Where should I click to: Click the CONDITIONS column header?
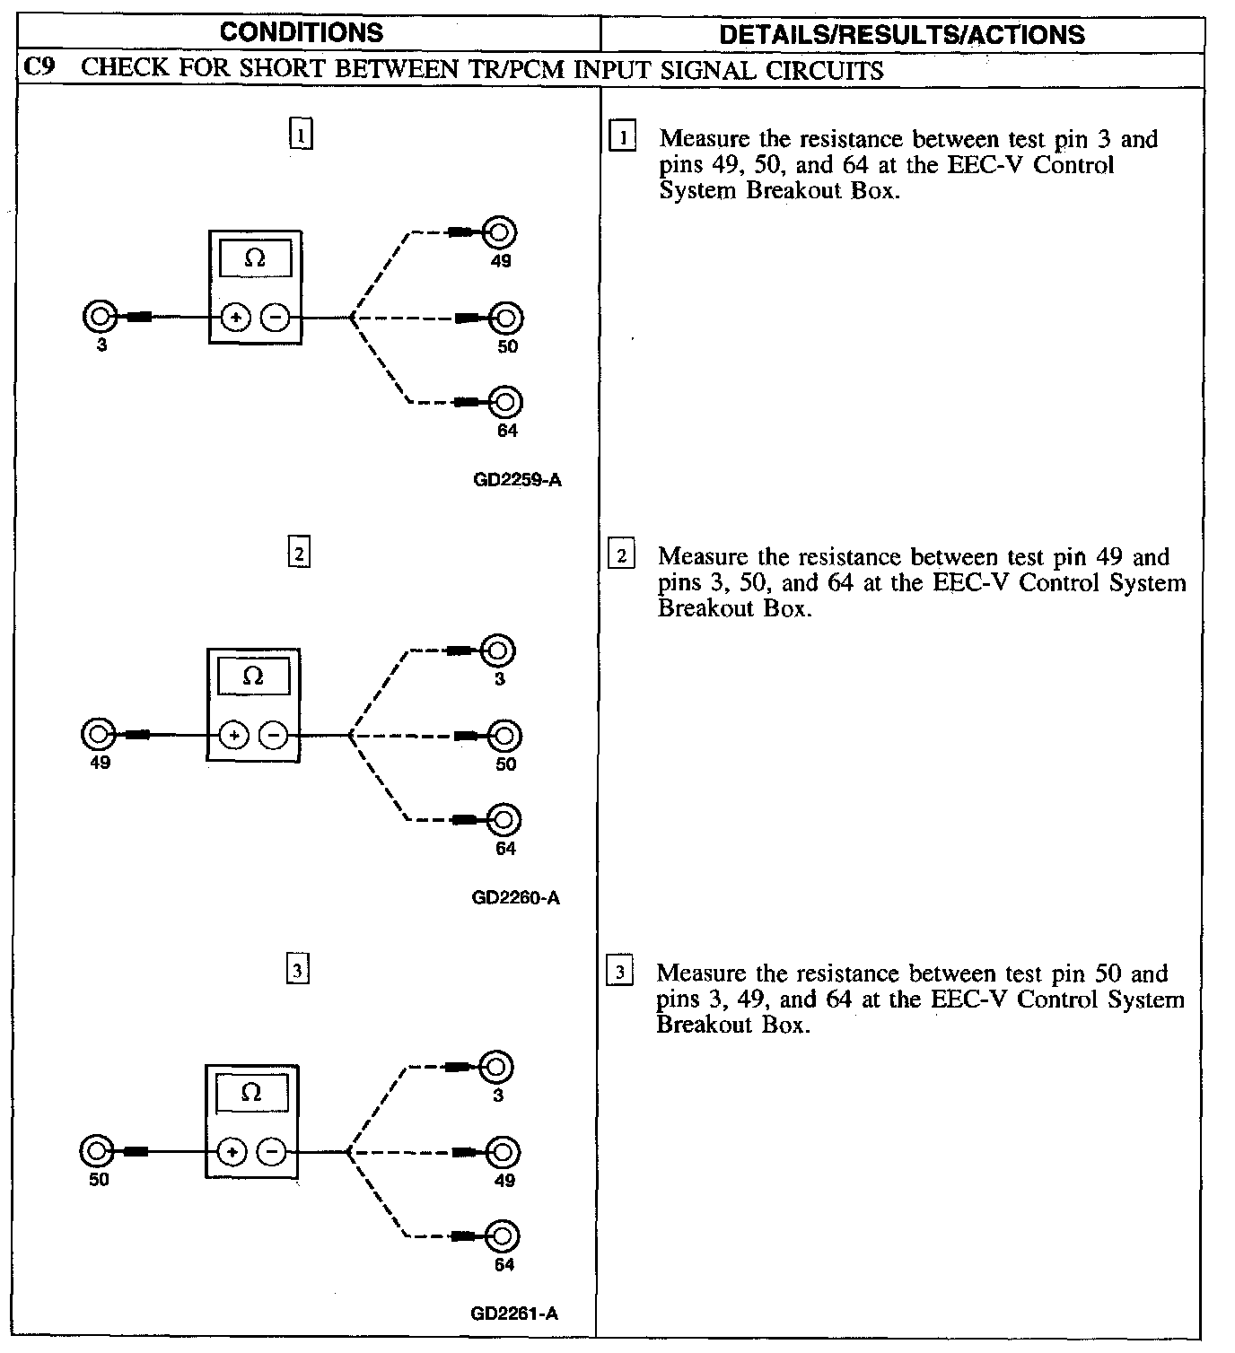pyautogui.click(x=302, y=32)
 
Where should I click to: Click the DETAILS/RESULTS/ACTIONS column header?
pyautogui.click(x=902, y=34)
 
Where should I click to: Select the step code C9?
pyautogui.click(x=36, y=69)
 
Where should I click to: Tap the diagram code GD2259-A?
pyautogui.click(x=517, y=480)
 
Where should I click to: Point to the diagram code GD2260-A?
pyautogui.click(x=515, y=898)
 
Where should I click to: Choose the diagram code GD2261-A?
pyautogui.click(x=514, y=1314)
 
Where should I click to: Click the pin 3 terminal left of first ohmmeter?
pyautogui.click(x=100, y=317)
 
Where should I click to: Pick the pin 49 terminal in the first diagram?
pyautogui.click(x=500, y=233)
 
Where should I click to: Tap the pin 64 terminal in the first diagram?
pyautogui.click(x=506, y=402)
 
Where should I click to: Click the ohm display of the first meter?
pyautogui.click(x=256, y=259)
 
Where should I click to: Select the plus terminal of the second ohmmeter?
pyautogui.click(x=233, y=736)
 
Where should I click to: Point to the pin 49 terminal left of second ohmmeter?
pyautogui.click(x=98, y=735)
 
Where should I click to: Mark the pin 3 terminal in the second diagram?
pyautogui.click(x=498, y=650)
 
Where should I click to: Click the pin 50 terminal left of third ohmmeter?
pyautogui.click(x=97, y=1151)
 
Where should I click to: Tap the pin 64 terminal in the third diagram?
pyautogui.click(x=504, y=1236)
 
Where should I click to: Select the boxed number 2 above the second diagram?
pyautogui.click(x=299, y=553)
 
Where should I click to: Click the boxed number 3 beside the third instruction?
pyautogui.click(x=620, y=973)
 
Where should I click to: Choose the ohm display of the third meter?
pyautogui.click(x=252, y=1094)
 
